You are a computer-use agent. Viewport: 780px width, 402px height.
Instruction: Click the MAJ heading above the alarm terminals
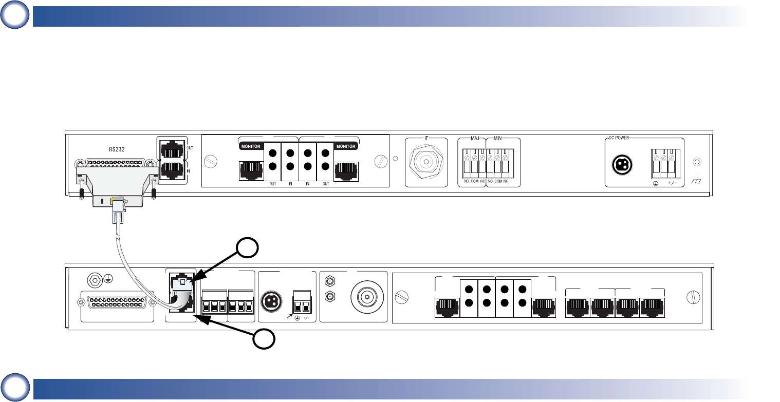point(475,138)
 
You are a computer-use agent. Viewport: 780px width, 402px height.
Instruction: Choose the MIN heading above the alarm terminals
point(498,138)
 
